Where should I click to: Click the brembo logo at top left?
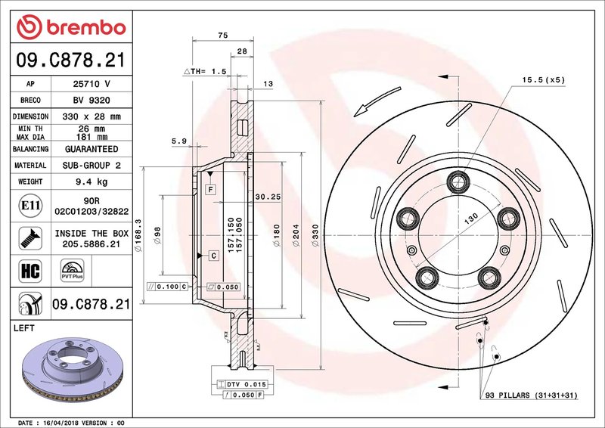70,28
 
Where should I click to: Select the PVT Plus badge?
72,271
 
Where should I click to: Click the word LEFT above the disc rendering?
26,329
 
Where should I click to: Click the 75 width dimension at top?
222,35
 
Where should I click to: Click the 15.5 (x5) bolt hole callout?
543,79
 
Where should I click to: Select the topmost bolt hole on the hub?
458,181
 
